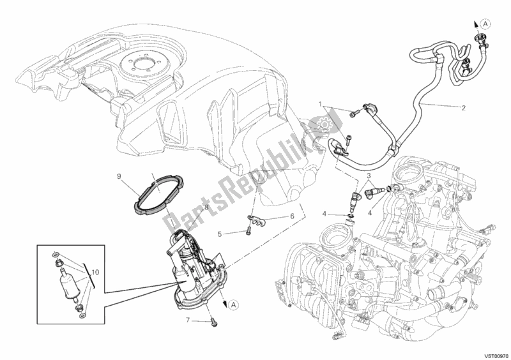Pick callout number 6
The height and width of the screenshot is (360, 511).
click(x=293, y=216)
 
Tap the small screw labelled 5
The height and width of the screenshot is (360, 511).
click(x=247, y=229)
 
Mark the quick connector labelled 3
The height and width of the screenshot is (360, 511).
click(x=374, y=191)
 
